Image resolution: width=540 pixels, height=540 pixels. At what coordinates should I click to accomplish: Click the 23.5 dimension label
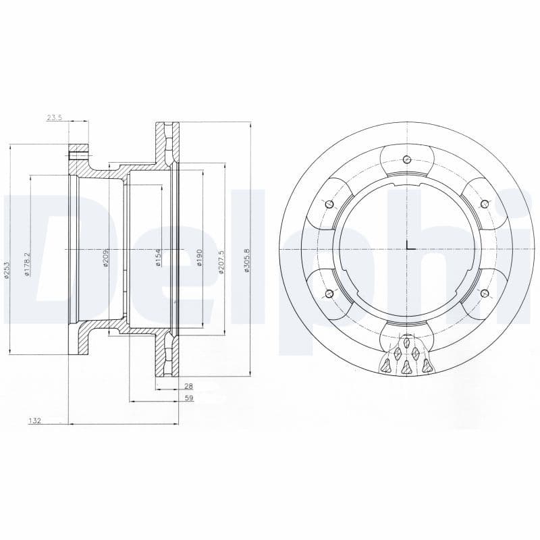coord(54,117)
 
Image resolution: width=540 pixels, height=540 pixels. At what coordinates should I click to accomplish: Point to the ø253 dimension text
coord(7,269)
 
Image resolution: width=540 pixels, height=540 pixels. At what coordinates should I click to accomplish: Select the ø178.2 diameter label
coord(28,263)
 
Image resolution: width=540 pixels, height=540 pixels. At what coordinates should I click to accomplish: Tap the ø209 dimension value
coord(107,259)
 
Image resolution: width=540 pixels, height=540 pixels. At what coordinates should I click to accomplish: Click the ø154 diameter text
coord(158,257)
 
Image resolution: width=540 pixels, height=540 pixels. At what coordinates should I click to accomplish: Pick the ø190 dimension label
coord(200,258)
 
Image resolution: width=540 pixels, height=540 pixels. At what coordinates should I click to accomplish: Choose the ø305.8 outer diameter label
coord(248,261)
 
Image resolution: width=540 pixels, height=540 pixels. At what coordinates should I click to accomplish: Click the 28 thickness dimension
coord(189,385)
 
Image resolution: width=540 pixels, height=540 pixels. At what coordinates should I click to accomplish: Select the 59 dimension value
coord(189,398)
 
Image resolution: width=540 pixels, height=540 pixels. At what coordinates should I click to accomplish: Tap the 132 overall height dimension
coord(34,421)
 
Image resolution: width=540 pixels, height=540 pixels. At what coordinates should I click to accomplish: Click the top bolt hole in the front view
coord(406,159)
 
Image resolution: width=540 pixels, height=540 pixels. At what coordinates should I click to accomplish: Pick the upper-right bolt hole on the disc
coord(483,204)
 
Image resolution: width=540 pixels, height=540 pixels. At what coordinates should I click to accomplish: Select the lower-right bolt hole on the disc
coord(483,293)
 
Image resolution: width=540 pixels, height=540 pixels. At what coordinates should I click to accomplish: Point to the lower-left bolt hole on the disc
coord(329,293)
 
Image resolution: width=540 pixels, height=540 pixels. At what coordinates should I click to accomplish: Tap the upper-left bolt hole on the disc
coord(329,205)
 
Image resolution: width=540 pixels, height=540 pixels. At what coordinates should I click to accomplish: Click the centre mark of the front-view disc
coord(407,248)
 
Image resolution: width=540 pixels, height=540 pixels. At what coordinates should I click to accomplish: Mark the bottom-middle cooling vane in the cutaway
coord(406,367)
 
